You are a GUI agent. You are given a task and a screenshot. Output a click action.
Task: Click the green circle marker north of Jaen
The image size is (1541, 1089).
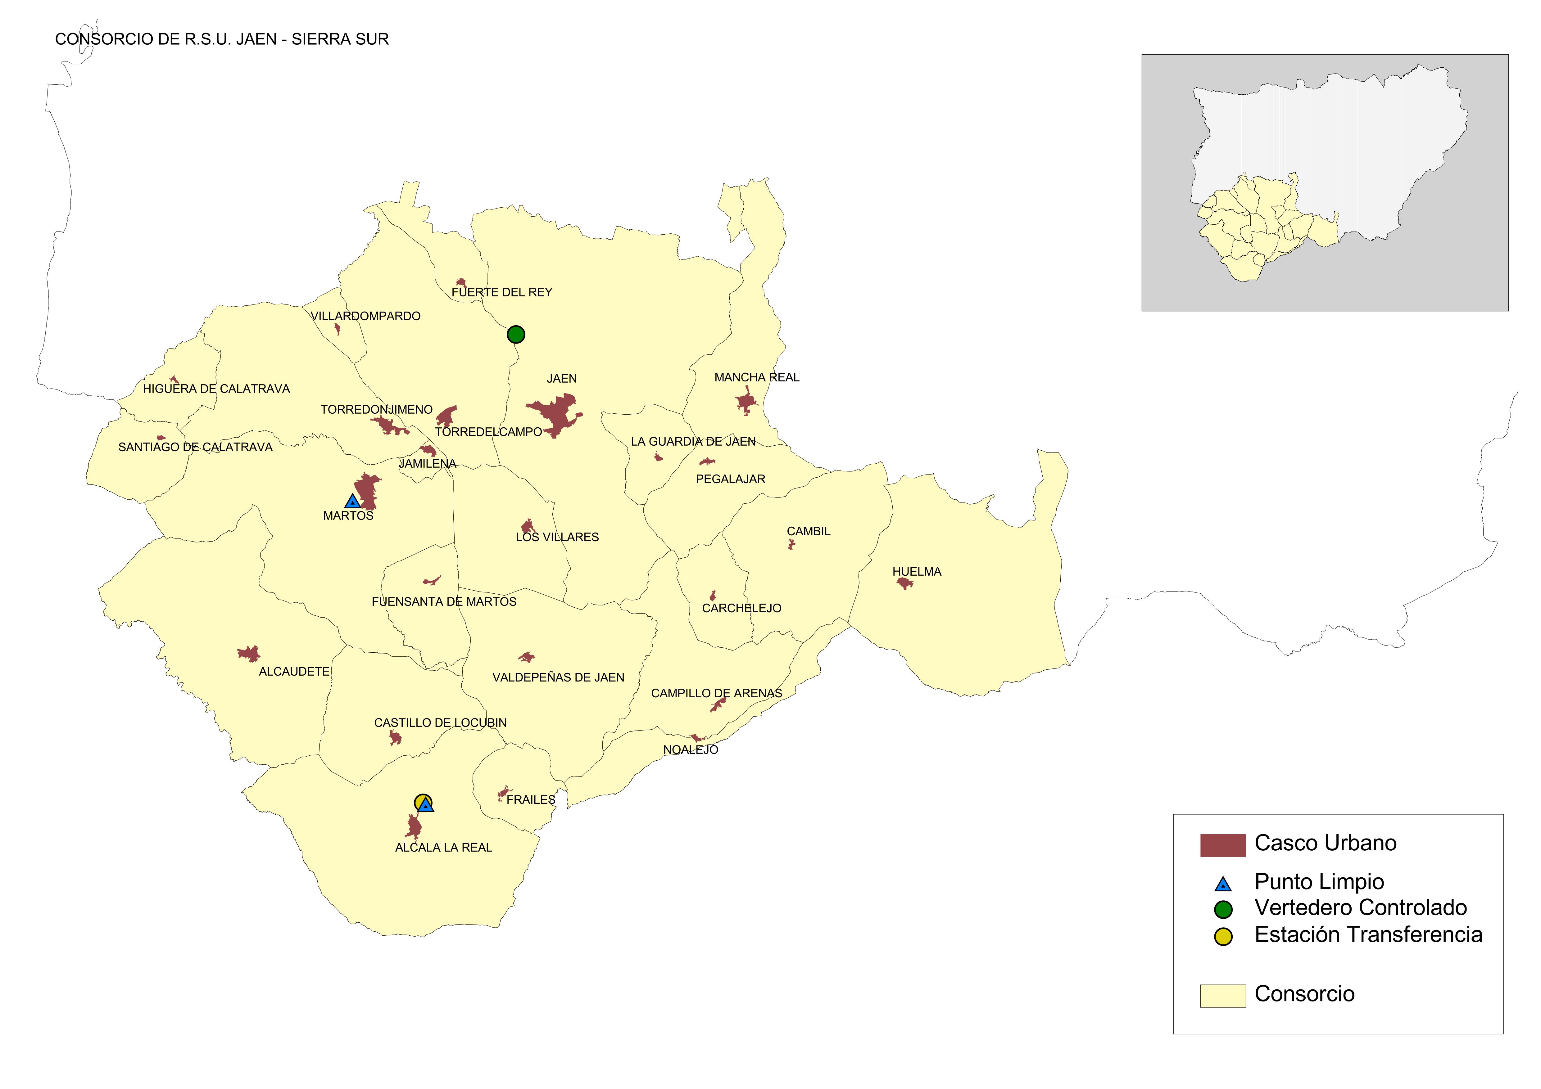pos(515,334)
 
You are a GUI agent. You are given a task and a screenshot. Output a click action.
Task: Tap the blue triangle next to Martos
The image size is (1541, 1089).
pos(352,501)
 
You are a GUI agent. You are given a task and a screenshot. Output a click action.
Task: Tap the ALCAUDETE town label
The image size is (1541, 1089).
pos(294,672)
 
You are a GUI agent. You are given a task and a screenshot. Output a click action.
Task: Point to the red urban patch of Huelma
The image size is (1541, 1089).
pos(905,583)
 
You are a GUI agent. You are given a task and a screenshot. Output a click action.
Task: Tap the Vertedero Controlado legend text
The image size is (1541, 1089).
pos(1361,908)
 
